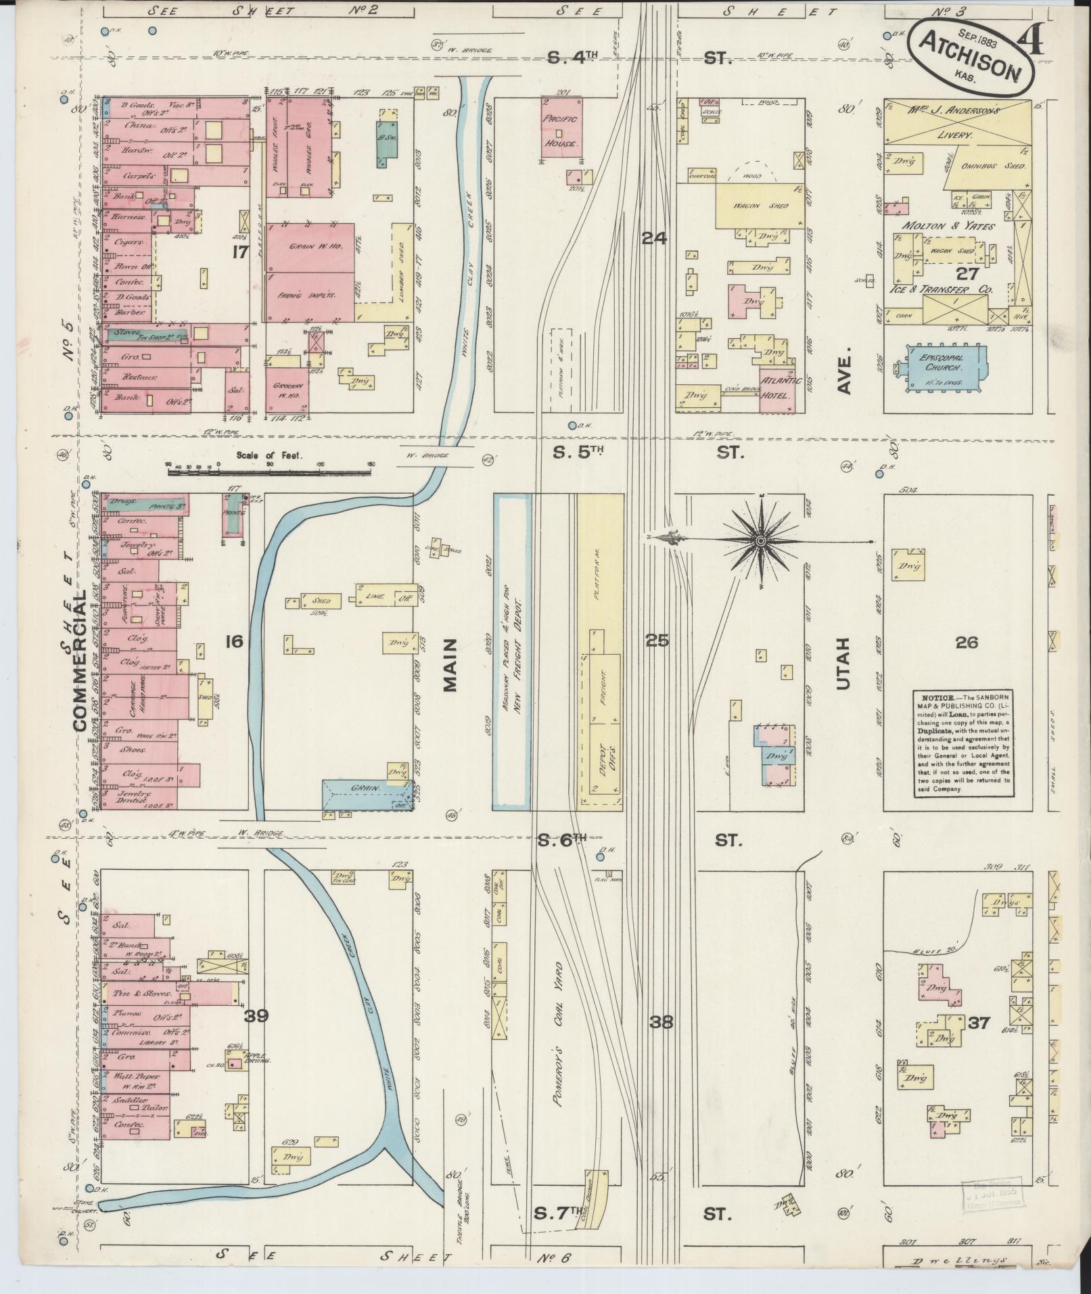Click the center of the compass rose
(x=760, y=540)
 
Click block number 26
(x=967, y=642)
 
